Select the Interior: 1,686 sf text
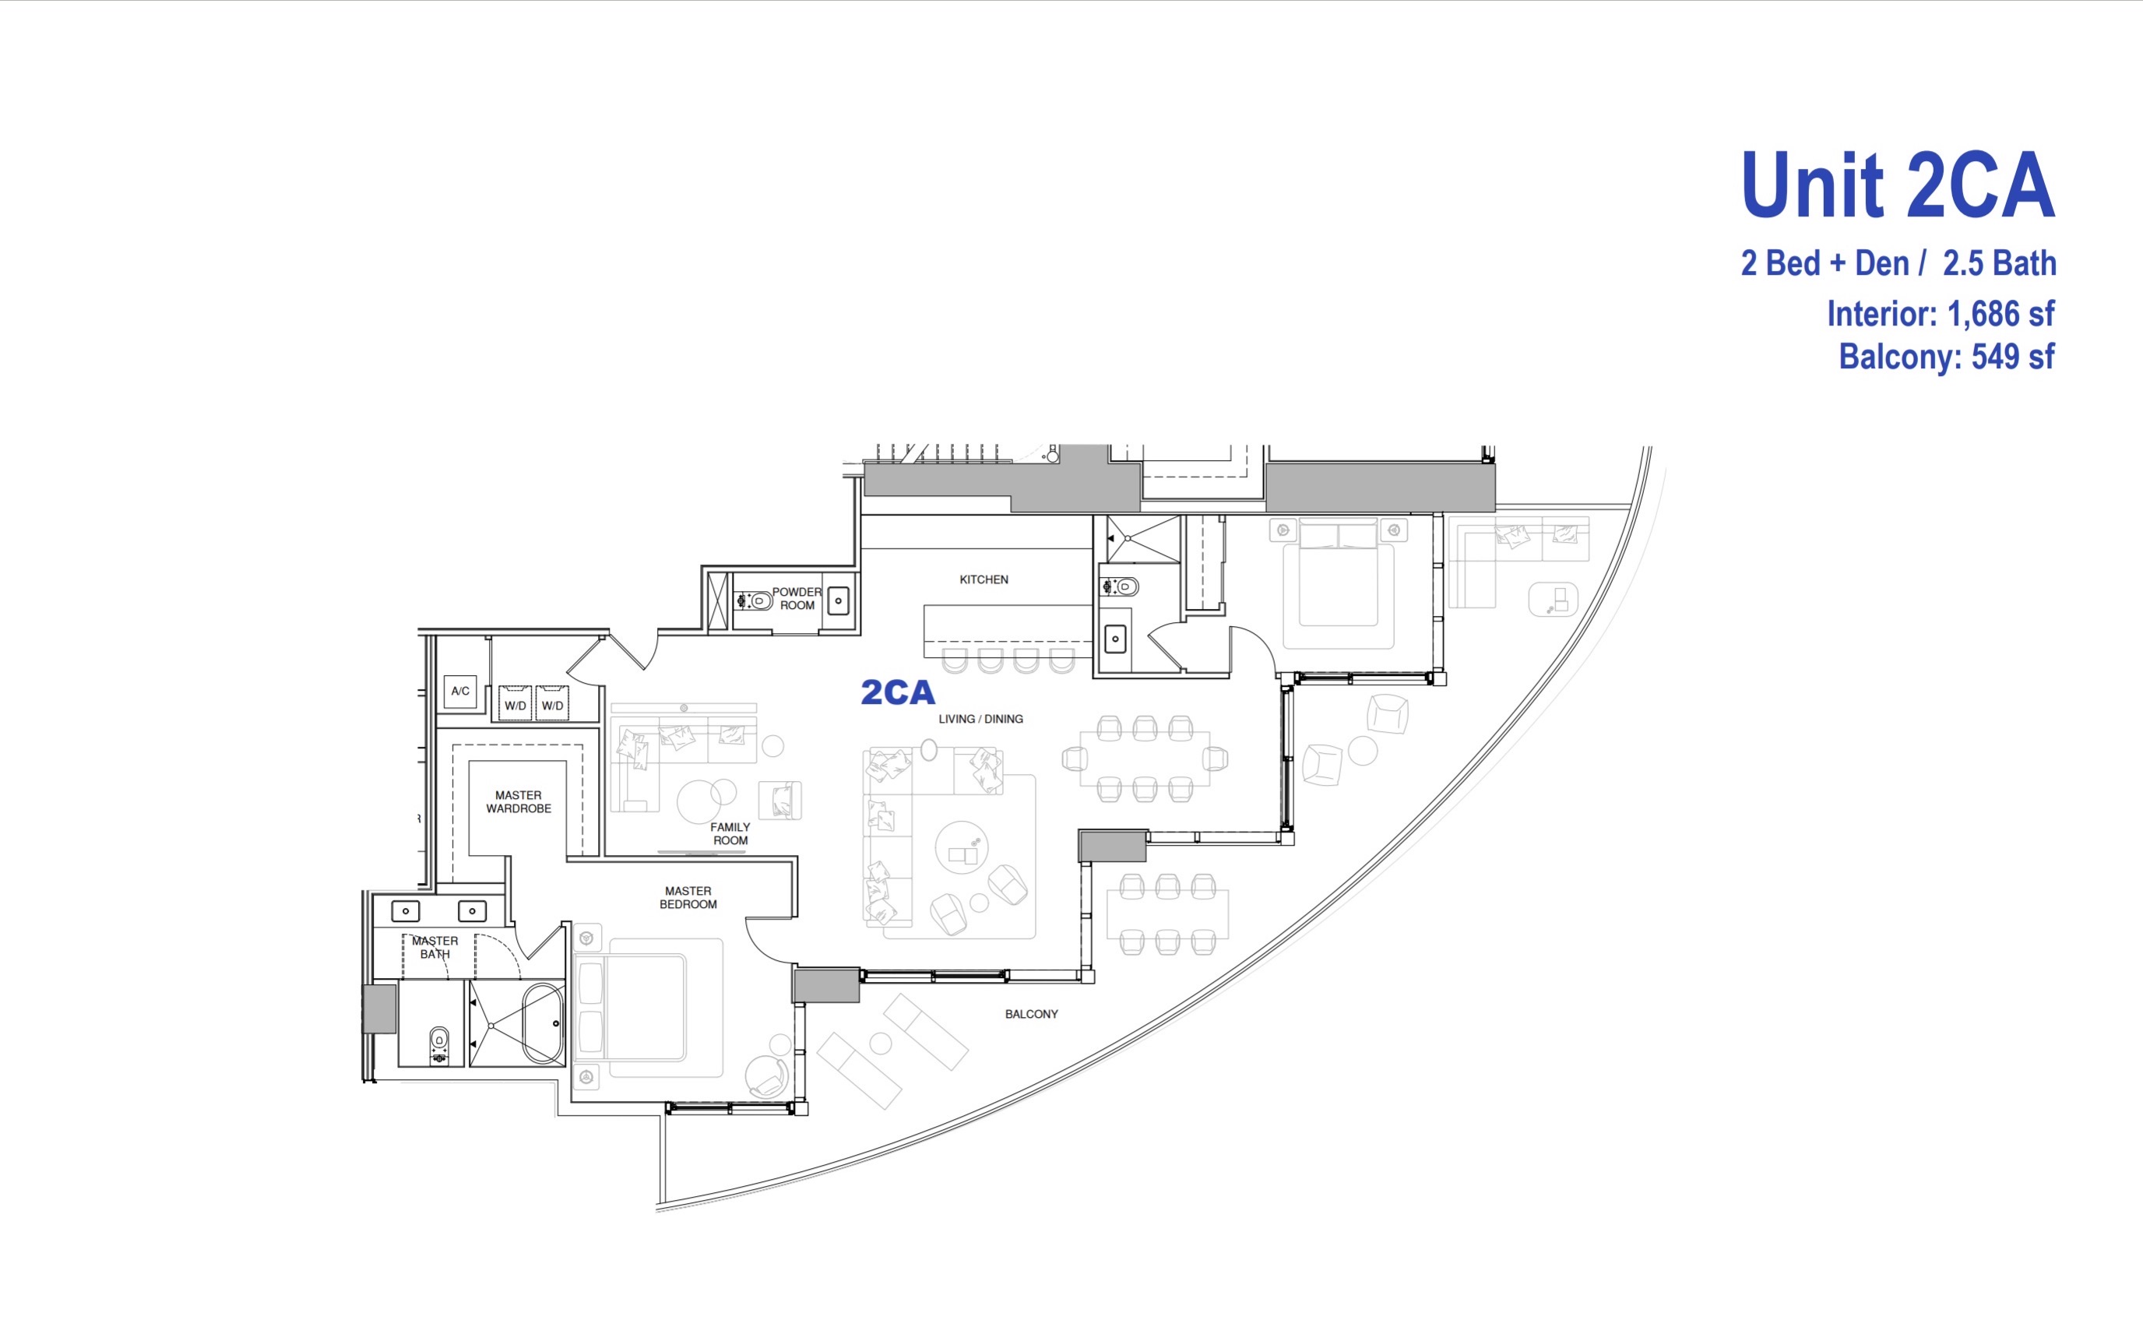tap(1941, 313)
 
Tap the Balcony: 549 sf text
tap(1947, 357)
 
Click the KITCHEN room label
tap(984, 579)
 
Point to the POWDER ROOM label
tap(797, 599)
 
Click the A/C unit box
tap(460, 692)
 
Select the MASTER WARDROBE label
tap(519, 801)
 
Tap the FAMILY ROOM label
tap(730, 834)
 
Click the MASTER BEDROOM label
tap(688, 897)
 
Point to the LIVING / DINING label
tap(980, 719)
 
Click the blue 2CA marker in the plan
tap(898, 692)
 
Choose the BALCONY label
tap(1031, 1014)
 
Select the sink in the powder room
tap(839, 601)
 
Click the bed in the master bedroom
tap(649, 1008)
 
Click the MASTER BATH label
tap(435, 947)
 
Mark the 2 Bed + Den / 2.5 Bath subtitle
tap(1898, 263)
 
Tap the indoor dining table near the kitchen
tap(1145, 759)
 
